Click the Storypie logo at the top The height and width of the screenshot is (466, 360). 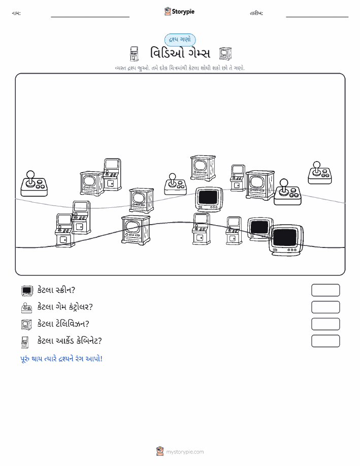pyautogui.click(x=179, y=12)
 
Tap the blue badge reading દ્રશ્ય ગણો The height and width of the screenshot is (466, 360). pyautogui.click(x=180, y=40)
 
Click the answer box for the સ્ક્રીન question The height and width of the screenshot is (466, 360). pyautogui.click(x=325, y=290)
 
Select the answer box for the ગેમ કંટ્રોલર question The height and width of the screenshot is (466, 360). pyautogui.click(x=325, y=307)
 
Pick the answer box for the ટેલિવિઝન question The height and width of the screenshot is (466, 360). pyautogui.click(x=325, y=324)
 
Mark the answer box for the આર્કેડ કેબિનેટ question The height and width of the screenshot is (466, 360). pyautogui.click(x=325, y=341)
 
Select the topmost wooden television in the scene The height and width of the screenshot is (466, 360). pyautogui.click(x=203, y=168)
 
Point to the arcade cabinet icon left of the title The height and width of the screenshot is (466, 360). pyautogui.click(x=134, y=54)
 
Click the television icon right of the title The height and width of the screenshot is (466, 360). pyautogui.click(x=225, y=53)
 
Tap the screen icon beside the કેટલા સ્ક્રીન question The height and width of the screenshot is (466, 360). pyautogui.click(x=27, y=290)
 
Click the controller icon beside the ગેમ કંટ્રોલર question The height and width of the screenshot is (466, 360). pyautogui.click(x=27, y=307)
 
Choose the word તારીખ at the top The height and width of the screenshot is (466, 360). pyautogui.click(x=256, y=13)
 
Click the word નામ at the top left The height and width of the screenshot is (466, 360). pyautogui.click(x=16, y=13)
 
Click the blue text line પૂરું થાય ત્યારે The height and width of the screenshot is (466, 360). pyautogui.click(x=61, y=358)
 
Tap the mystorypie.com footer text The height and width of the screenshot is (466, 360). pyautogui.click(x=185, y=452)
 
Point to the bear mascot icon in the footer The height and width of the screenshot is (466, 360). pyautogui.click(x=160, y=451)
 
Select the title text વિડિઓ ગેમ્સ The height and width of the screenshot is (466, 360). pyautogui.click(x=180, y=53)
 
